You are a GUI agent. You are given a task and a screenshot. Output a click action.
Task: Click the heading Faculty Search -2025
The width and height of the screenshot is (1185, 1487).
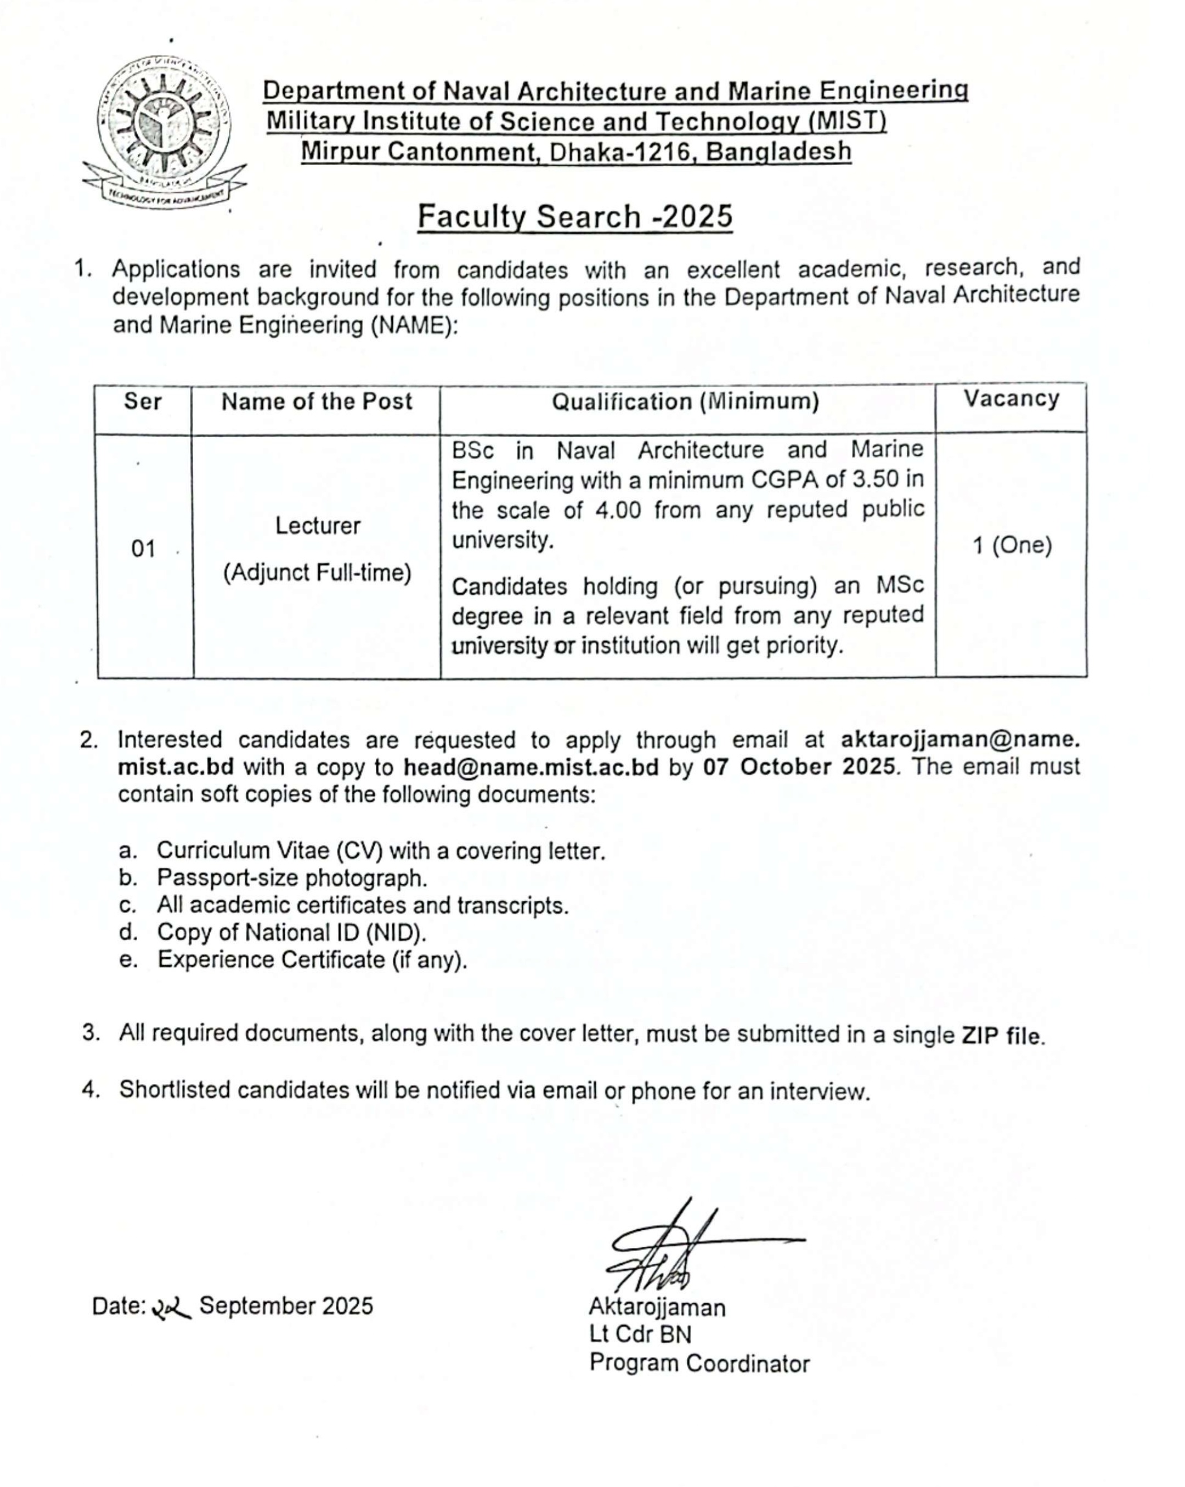574,217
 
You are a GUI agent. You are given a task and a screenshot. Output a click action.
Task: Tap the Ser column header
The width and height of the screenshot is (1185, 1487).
142,401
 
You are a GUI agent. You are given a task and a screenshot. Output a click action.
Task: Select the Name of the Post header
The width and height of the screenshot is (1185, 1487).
316,401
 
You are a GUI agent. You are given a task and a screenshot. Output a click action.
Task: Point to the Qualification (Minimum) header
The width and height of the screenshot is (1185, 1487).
685,401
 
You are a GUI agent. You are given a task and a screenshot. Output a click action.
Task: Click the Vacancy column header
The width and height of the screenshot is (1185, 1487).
1011,399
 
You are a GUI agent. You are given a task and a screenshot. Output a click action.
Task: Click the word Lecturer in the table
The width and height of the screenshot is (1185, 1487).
318,526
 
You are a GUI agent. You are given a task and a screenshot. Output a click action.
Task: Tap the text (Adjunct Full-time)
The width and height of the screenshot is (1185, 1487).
317,572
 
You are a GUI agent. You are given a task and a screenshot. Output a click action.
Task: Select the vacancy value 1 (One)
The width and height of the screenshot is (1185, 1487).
1012,546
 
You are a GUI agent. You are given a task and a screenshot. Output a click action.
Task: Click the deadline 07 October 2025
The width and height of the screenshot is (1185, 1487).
799,767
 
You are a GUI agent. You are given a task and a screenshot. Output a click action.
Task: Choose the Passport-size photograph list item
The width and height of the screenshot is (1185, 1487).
292,878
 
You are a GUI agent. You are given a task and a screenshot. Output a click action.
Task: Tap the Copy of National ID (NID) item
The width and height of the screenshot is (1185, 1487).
291,933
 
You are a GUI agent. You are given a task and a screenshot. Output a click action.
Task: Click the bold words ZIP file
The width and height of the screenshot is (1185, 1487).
1002,1035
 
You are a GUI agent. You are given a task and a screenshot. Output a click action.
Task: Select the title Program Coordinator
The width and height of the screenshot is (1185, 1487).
698,1364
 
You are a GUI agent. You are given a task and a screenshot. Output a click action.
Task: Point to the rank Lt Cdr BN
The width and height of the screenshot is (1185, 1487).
640,1335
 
